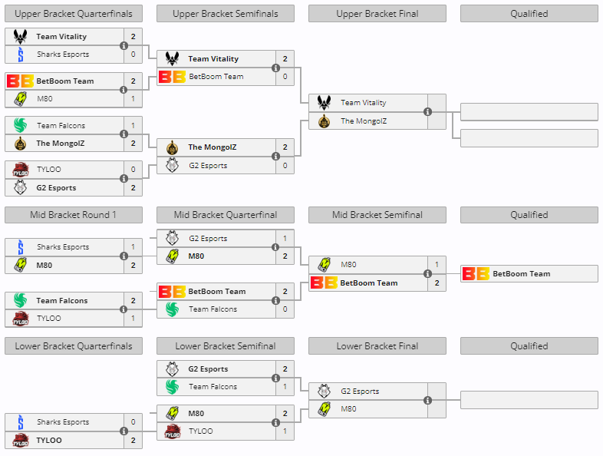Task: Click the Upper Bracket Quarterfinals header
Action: (74, 13)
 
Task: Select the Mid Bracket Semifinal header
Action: (377, 215)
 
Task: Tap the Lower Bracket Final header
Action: (377, 346)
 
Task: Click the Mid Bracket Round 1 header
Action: (74, 215)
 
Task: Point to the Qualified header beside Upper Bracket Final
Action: (529, 13)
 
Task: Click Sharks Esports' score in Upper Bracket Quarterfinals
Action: (133, 55)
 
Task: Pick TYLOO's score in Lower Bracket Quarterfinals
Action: (133, 441)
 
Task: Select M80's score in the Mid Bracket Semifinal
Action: (437, 265)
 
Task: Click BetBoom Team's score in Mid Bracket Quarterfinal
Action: (285, 292)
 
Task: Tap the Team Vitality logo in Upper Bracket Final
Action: (324, 103)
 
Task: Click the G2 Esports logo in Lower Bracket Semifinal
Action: (172, 369)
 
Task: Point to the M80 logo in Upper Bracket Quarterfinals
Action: (20, 98)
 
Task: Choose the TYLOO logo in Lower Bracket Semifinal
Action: (172, 431)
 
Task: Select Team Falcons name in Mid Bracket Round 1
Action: (61, 301)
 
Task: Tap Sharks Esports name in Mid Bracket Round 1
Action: (63, 247)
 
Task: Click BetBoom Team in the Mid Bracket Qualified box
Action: (521, 274)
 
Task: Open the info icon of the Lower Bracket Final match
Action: (427, 400)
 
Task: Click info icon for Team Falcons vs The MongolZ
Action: (124, 134)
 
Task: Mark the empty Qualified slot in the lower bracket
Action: (529, 400)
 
